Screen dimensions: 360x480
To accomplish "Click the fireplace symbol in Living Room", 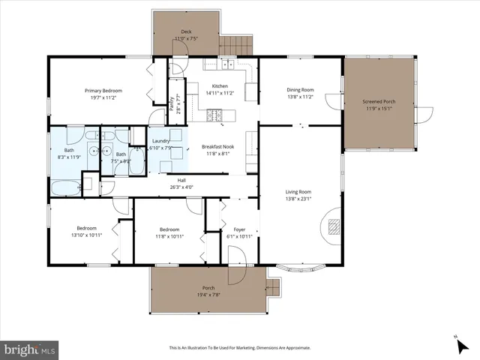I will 334,226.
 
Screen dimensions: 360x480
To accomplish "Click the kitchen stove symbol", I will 214,115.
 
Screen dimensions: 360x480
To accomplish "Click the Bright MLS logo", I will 30,349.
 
